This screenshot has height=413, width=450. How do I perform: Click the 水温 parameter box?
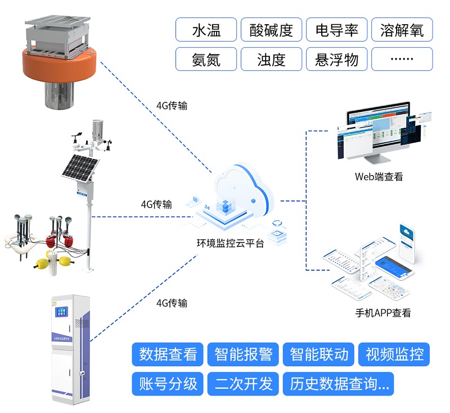[206, 30]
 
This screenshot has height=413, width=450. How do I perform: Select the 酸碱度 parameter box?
[272, 30]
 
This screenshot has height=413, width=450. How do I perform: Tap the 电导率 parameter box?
[337, 30]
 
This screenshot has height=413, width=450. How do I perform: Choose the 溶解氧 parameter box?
[402, 30]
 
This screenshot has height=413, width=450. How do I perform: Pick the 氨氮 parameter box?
[206, 59]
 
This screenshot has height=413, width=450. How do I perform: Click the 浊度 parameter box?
[272, 59]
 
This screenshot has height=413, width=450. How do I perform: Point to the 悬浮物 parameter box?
[337, 59]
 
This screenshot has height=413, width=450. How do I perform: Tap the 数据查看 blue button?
[168, 354]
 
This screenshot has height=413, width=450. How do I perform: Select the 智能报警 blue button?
[244, 354]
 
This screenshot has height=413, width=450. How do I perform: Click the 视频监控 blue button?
[394, 354]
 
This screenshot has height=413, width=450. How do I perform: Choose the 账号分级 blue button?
[168, 384]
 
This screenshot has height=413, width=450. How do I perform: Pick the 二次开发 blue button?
[244, 384]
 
